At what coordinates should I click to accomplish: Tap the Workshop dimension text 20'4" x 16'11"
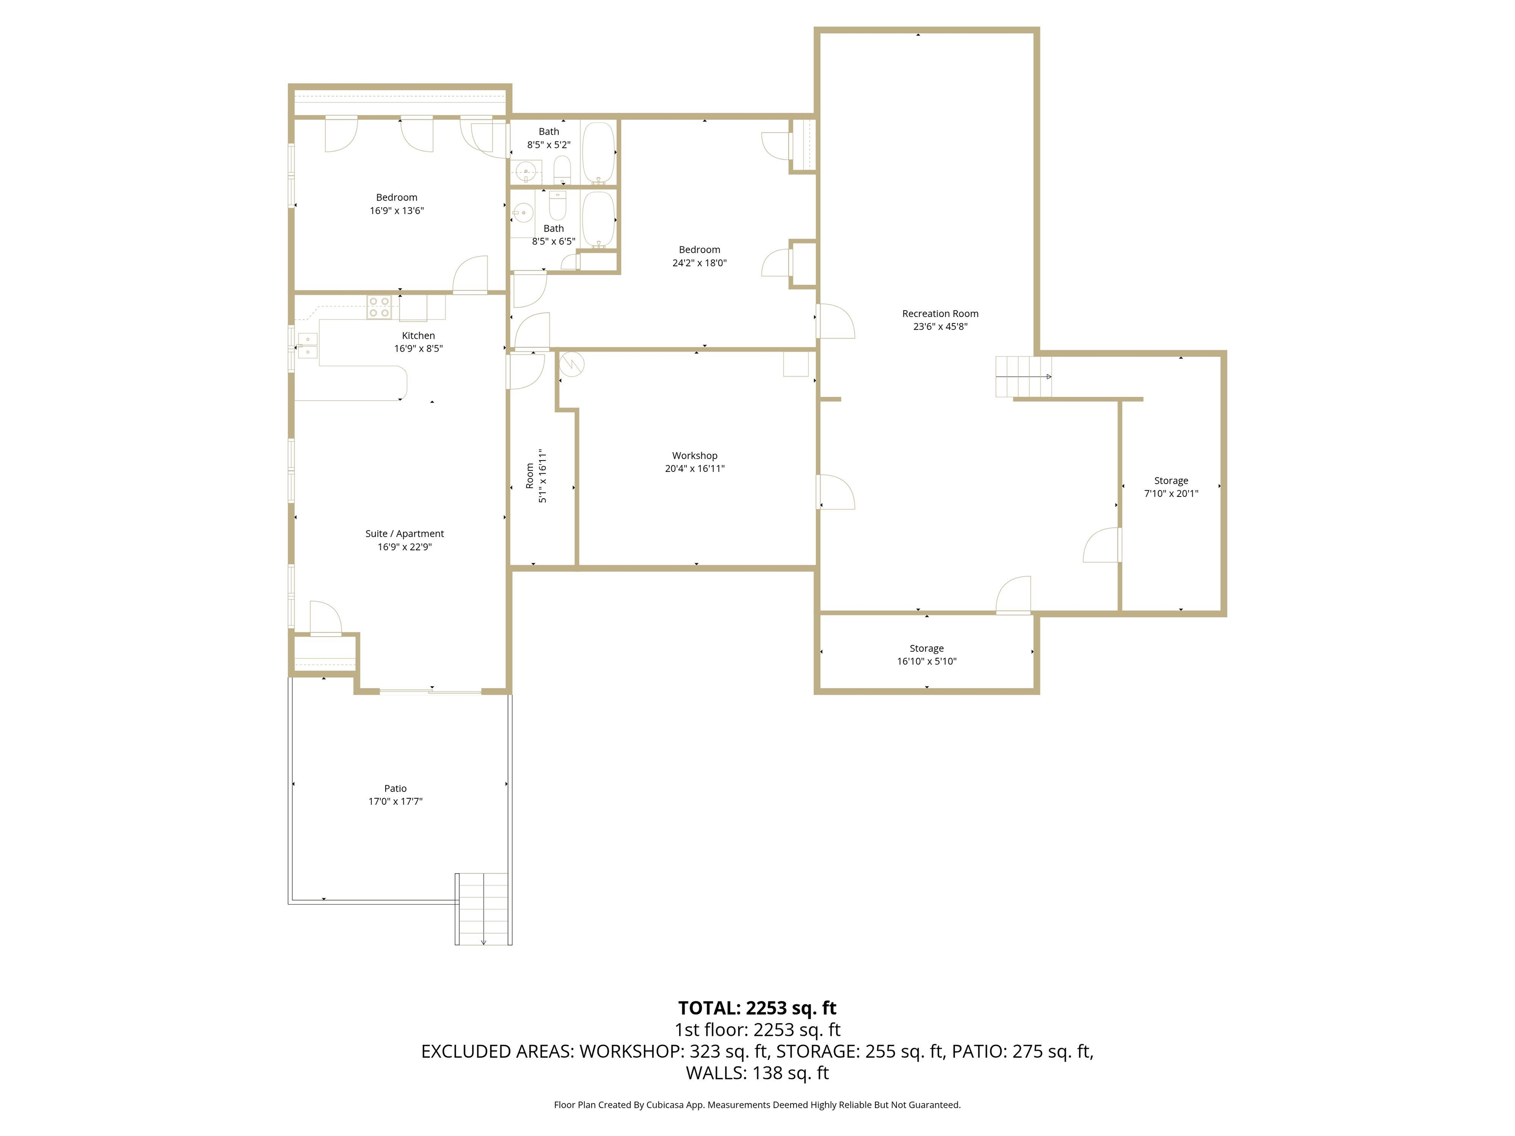tap(694, 469)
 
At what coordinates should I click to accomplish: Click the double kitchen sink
tap(308, 346)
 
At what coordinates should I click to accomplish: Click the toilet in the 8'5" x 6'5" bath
tap(557, 205)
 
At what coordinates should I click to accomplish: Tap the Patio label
tap(395, 788)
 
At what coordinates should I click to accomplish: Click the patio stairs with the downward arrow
tap(483, 909)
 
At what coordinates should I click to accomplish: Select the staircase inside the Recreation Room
tap(1022, 377)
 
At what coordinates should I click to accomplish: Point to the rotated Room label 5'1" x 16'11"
tap(536, 476)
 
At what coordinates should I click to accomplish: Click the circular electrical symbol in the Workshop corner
tap(571, 364)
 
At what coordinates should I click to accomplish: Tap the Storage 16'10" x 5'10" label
tap(926, 648)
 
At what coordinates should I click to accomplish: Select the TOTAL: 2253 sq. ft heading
tap(757, 1008)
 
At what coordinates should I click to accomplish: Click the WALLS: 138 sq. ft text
tap(757, 1073)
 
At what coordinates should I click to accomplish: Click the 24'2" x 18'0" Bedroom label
tap(699, 250)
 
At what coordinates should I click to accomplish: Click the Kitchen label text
tap(418, 336)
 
